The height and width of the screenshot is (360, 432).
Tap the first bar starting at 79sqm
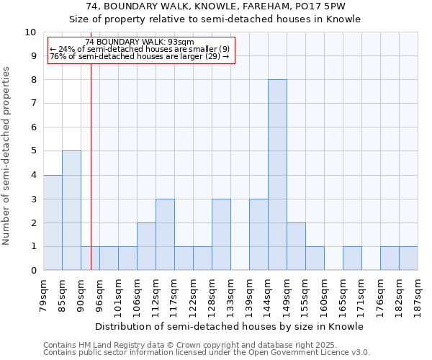pyautogui.click(x=53, y=222)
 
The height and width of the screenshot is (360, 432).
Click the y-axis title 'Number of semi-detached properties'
pyautogui.click(x=7, y=156)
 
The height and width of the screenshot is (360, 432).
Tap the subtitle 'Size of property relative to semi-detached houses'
pyautogui.click(x=215, y=19)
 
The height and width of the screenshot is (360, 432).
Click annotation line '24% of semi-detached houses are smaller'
pyautogui.click(x=140, y=49)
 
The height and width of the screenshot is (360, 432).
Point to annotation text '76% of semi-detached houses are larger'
pyautogui.click(x=140, y=56)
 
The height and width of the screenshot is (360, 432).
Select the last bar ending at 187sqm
pyautogui.click(x=408, y=258)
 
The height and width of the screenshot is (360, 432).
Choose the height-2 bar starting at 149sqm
pyautogui.click(x=296, y=246)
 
